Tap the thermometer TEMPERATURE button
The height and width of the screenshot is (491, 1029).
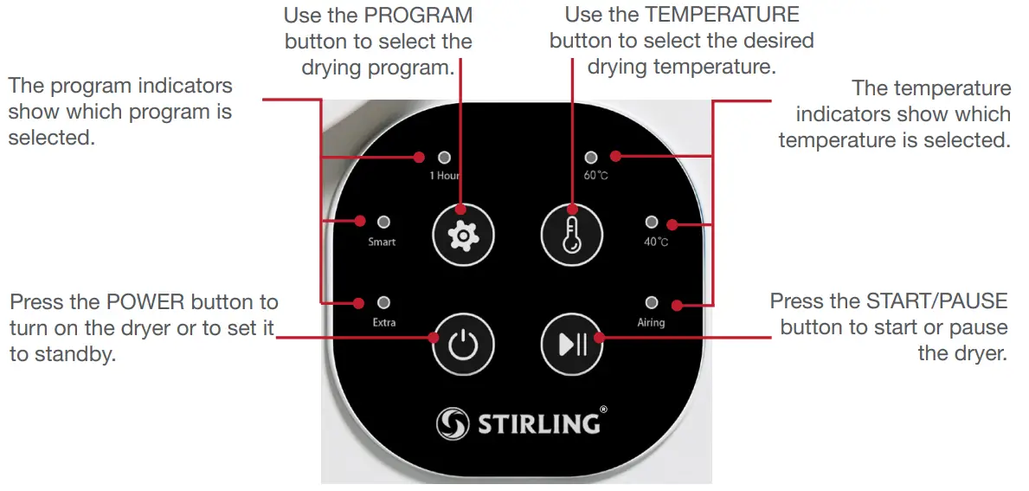[571, 234]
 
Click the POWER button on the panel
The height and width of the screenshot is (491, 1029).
[463, 344]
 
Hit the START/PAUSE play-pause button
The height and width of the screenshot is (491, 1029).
[571, 344]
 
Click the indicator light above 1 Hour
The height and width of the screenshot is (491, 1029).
[445, 158]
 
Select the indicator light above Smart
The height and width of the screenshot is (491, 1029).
[383, 223]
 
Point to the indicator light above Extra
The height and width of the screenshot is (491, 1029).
[383, 303]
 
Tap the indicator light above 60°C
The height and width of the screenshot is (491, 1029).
[591, 158]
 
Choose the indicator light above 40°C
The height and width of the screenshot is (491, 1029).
[652, 223]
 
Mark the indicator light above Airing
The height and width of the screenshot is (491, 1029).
[652, 303]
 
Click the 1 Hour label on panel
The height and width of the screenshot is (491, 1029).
[445, 176]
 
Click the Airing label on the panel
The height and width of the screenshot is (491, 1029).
[651, 322]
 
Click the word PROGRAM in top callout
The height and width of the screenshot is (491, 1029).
[422, 16]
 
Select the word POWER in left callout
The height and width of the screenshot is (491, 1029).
[145, 302]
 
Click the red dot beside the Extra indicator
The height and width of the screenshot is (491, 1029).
[357, 303]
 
